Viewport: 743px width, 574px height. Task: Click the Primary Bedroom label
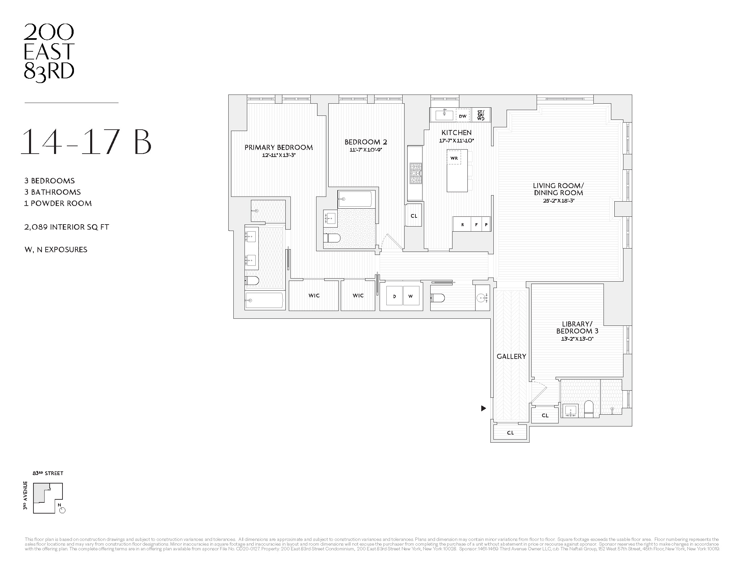click(278, 147)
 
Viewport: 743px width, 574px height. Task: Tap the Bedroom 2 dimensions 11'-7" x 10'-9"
click(365, 150)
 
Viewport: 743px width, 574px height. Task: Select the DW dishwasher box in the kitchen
click(462, 116)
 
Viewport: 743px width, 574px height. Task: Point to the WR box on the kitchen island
click(454, 158)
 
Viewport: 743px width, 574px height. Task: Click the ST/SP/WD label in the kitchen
click(481, 115)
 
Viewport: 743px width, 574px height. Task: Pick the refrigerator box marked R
click(462, 225)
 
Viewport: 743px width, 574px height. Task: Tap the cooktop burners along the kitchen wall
click(415, 174)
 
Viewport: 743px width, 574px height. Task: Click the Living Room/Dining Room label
click(558, 189)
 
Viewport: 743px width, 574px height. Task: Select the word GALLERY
click(511, 356)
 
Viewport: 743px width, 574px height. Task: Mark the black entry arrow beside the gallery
click(483, 409)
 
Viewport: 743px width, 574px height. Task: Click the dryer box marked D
click(394, 296)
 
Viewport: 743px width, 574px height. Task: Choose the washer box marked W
click(411, 296)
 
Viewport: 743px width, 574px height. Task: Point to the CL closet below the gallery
click(510, 433)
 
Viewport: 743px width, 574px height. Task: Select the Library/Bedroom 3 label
click(577, 328)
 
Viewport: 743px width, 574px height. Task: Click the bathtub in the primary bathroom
click(264, 301)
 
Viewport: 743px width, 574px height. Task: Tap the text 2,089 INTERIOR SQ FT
click(67, 227)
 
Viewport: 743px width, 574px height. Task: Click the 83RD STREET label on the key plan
click(48, 473)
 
